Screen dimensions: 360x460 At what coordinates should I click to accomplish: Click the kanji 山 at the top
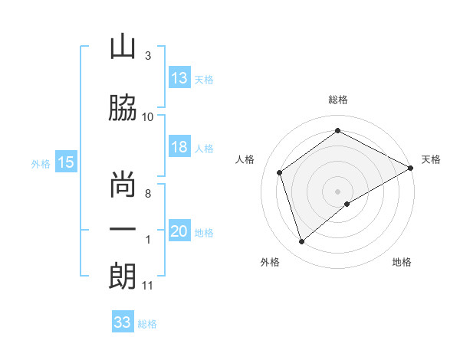point(123,47)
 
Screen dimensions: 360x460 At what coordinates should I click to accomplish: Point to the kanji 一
point(123,230)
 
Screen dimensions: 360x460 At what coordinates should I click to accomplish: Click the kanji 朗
point(123,276)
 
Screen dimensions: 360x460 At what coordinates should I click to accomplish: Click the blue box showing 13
point(179,78)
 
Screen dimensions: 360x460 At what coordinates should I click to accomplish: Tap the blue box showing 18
point(179,147)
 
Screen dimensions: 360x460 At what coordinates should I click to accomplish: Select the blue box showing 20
point(179,232)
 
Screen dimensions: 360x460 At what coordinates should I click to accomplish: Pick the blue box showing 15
point(66,162)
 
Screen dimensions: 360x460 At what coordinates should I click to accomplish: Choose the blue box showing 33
point(123,322)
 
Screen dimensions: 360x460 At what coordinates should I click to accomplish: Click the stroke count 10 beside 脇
point(148,116)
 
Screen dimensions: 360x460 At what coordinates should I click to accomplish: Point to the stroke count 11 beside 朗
point(148,286)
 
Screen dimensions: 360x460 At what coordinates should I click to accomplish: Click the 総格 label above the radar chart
point(337,100)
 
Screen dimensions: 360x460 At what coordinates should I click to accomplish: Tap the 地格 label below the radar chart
point(402,262)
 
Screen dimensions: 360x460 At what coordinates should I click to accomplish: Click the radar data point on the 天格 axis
point(412,168)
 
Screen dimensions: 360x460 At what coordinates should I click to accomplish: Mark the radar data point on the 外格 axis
point(302,242)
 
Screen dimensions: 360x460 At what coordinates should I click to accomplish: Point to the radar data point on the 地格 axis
point(347,204)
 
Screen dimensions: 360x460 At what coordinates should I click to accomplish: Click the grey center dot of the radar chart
point(337,191)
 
